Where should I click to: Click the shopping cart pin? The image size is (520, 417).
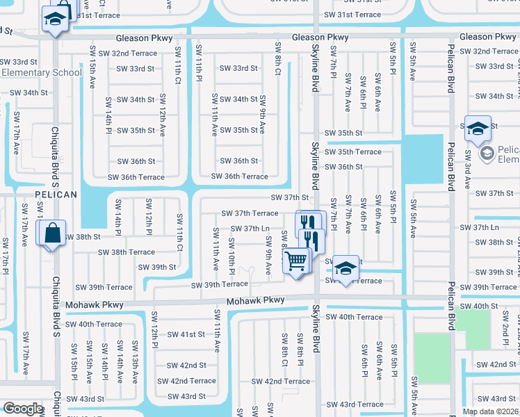(x=296, y=262)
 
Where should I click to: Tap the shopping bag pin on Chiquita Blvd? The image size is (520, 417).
(x=54, y=235)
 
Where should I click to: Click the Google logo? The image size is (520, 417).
(x=22, y=409)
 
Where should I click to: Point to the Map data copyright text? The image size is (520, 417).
(x=491, y=411)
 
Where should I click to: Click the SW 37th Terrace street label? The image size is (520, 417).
(x=250, y=213)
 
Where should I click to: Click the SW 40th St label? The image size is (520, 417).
(x=493, y=306)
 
